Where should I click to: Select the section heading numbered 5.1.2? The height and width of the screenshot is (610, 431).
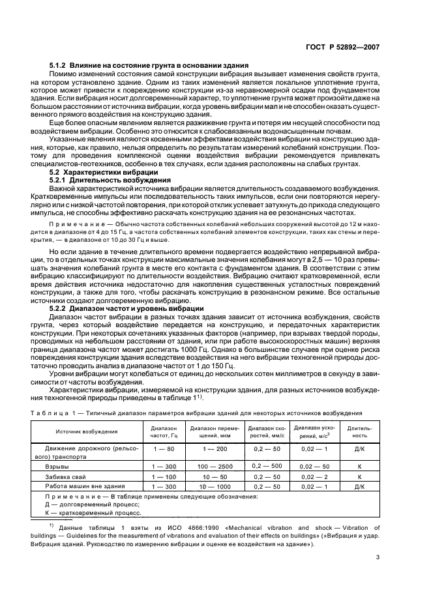click(149, 66)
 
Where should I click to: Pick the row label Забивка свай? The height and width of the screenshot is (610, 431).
click(66, 476)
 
